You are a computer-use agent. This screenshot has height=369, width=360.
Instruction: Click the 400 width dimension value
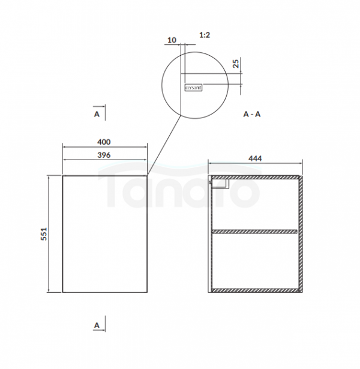point(104,142)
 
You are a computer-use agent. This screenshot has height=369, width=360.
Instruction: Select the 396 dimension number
point(104,155)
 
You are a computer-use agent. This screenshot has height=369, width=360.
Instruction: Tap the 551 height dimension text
point(44,234)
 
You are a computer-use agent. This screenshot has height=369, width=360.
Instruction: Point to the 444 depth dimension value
point(255,158)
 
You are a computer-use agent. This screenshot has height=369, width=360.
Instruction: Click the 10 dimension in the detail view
point(172,40)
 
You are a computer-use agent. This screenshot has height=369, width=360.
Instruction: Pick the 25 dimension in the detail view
point(236,64)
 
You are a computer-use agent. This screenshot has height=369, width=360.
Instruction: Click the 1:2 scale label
point(205,35)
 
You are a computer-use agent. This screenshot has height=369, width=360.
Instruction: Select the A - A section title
point(252,114)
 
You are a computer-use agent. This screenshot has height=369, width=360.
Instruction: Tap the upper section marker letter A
point(97,114)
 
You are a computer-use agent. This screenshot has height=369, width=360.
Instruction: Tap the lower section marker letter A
point(97,325)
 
